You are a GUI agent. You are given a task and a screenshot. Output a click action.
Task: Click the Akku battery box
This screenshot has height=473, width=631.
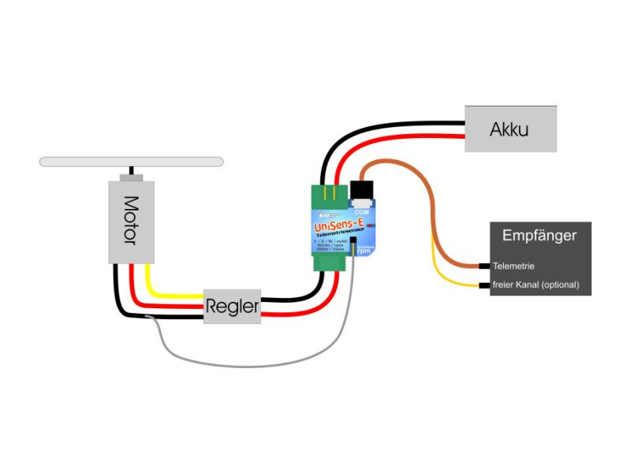coord(510,128)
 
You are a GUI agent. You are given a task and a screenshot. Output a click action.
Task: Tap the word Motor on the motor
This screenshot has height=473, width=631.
coord(131,220)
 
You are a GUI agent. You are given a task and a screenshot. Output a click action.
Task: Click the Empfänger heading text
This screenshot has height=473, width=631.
coord(540,235)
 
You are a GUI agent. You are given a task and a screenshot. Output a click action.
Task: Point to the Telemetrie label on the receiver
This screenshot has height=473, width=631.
coord(513,266)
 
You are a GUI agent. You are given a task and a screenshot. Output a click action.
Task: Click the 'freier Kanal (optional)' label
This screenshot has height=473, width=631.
coord(536,285)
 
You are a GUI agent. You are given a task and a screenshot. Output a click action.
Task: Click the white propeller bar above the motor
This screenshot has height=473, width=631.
coord(132,162)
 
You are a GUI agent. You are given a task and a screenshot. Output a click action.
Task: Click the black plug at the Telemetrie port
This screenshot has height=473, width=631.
coord(484,266)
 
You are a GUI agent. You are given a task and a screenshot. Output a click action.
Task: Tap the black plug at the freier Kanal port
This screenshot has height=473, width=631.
coord(484,285)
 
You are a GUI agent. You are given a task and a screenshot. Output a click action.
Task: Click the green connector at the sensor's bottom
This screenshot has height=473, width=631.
coord(326,263)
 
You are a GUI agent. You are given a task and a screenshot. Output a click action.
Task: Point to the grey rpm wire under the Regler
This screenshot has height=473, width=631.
coord(237,362)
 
